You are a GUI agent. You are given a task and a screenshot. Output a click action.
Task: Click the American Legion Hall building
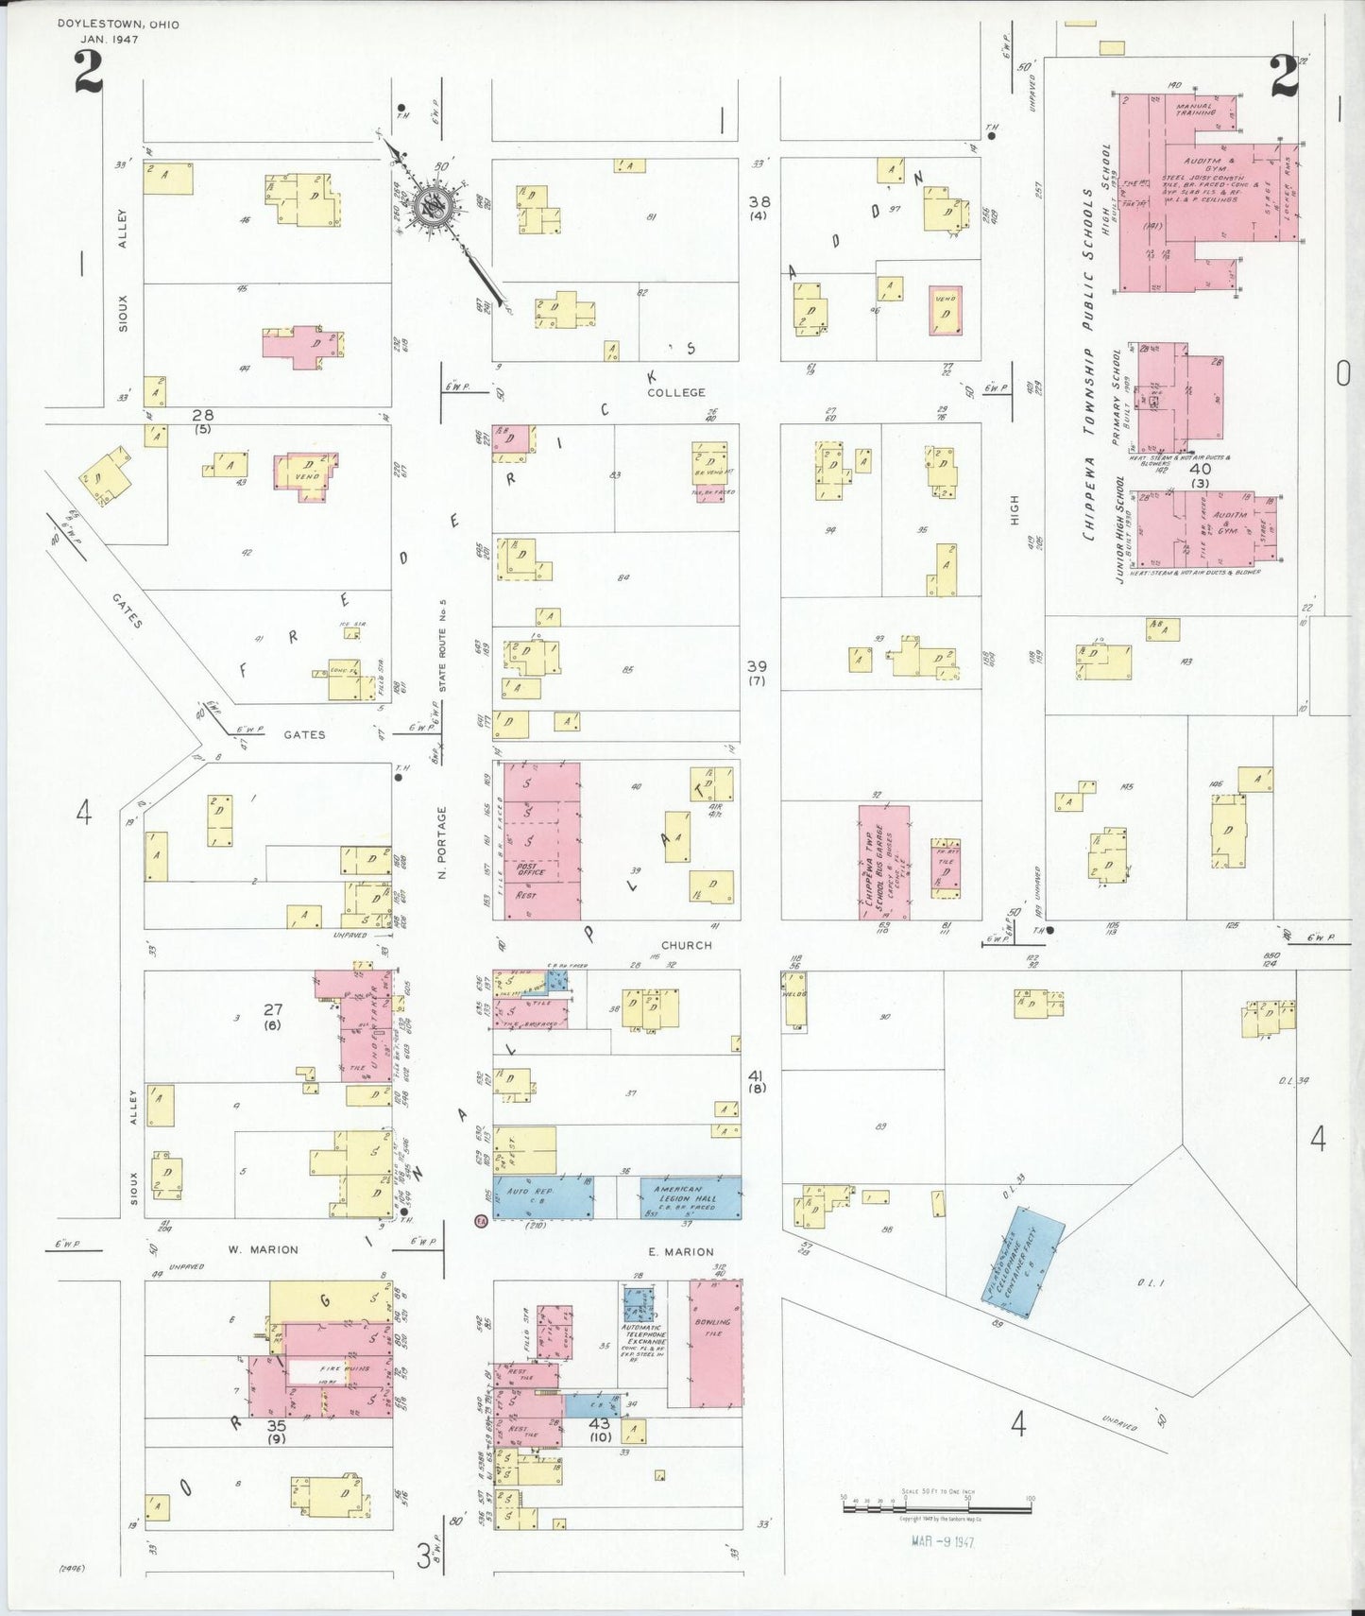(691, 1197)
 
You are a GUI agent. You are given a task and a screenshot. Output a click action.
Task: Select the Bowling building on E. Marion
(715, 1342)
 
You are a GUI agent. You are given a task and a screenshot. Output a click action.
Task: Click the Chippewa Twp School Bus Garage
(883, 862)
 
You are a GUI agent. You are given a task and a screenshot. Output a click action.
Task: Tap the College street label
(675, 392)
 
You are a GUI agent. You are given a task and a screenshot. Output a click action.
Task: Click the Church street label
(687, 945)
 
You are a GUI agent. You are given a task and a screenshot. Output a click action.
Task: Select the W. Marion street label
(263, 1249)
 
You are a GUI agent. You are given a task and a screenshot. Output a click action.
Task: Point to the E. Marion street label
(681, 1252)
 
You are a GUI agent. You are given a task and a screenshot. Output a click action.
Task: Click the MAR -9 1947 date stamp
(942, 1541)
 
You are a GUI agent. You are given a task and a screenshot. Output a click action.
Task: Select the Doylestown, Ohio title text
(118, 24)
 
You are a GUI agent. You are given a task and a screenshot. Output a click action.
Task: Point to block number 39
(757, 666)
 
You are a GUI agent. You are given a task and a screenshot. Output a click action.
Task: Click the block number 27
(273, 1009)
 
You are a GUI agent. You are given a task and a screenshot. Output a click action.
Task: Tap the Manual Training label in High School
(1195, 110)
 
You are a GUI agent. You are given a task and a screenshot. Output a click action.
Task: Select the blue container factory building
(1023, 1262)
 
